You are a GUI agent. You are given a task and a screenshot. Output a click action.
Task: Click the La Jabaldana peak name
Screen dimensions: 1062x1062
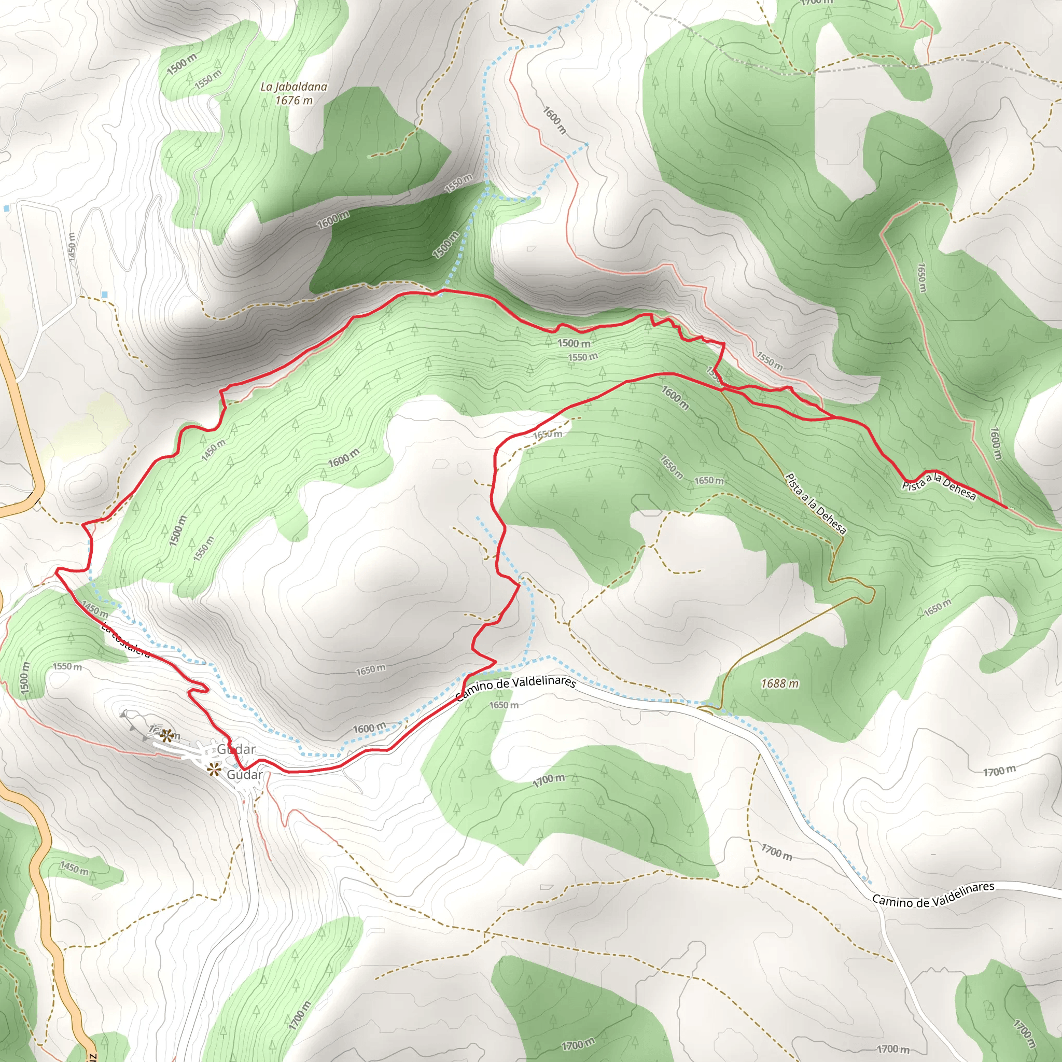tap(294, 87)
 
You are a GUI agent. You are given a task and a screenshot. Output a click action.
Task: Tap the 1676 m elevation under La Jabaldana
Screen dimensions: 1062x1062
tap(294, 100)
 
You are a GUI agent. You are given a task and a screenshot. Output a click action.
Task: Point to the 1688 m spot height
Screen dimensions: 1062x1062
tap(779, 684)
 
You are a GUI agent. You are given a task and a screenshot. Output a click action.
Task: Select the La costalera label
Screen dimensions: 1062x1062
tap(125, 640)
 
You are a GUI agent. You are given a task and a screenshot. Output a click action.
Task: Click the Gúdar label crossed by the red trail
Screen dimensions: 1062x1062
tap(236, 749)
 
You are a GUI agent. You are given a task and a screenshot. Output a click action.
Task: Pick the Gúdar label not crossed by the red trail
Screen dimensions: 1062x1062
tap(245, 775)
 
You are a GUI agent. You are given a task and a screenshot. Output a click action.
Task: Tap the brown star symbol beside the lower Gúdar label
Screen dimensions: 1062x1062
tap(213, 770)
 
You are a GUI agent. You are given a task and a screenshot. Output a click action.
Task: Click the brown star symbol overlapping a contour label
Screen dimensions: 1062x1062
tap(167, 735)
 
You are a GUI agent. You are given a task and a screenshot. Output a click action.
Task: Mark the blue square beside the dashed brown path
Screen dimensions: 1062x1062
tap(105, 295)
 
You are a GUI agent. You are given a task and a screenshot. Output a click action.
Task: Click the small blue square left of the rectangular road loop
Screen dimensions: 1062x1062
tap(6, 209)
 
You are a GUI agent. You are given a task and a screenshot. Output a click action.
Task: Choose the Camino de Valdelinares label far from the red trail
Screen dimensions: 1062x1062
tap(933, 895)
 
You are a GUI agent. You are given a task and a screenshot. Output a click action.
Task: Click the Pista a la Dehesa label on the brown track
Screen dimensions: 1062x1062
tap(816, 504)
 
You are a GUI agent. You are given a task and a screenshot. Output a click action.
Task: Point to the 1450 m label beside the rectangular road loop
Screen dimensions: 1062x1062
tap(72, 248)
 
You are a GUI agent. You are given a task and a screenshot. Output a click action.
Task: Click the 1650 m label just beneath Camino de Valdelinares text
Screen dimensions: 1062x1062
tap(504, 705)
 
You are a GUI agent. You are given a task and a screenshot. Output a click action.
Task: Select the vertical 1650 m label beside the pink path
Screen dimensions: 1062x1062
tap(923, 277)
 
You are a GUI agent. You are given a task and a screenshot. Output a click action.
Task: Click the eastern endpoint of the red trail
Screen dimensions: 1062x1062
tap(1007, 507)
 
